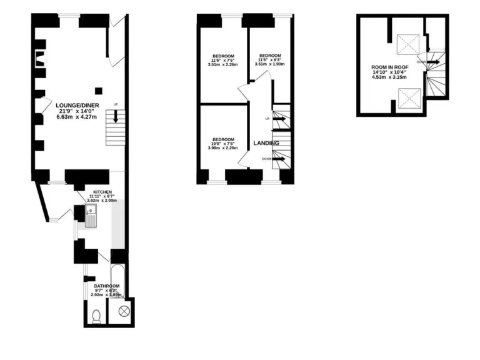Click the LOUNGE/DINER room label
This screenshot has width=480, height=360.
point(77,105)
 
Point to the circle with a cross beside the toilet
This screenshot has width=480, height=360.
point(123,310)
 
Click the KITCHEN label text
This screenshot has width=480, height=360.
point(102,191)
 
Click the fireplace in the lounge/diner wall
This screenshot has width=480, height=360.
point(40,59)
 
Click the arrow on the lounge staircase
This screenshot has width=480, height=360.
point(115,116)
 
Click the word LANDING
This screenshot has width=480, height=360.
point(266,144)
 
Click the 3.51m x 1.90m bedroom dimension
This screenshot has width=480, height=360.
point(270,64)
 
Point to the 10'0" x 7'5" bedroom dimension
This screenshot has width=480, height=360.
point(223,144)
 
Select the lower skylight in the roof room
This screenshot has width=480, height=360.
point(409,97)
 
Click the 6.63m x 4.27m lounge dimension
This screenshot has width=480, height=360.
point(77,116)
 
